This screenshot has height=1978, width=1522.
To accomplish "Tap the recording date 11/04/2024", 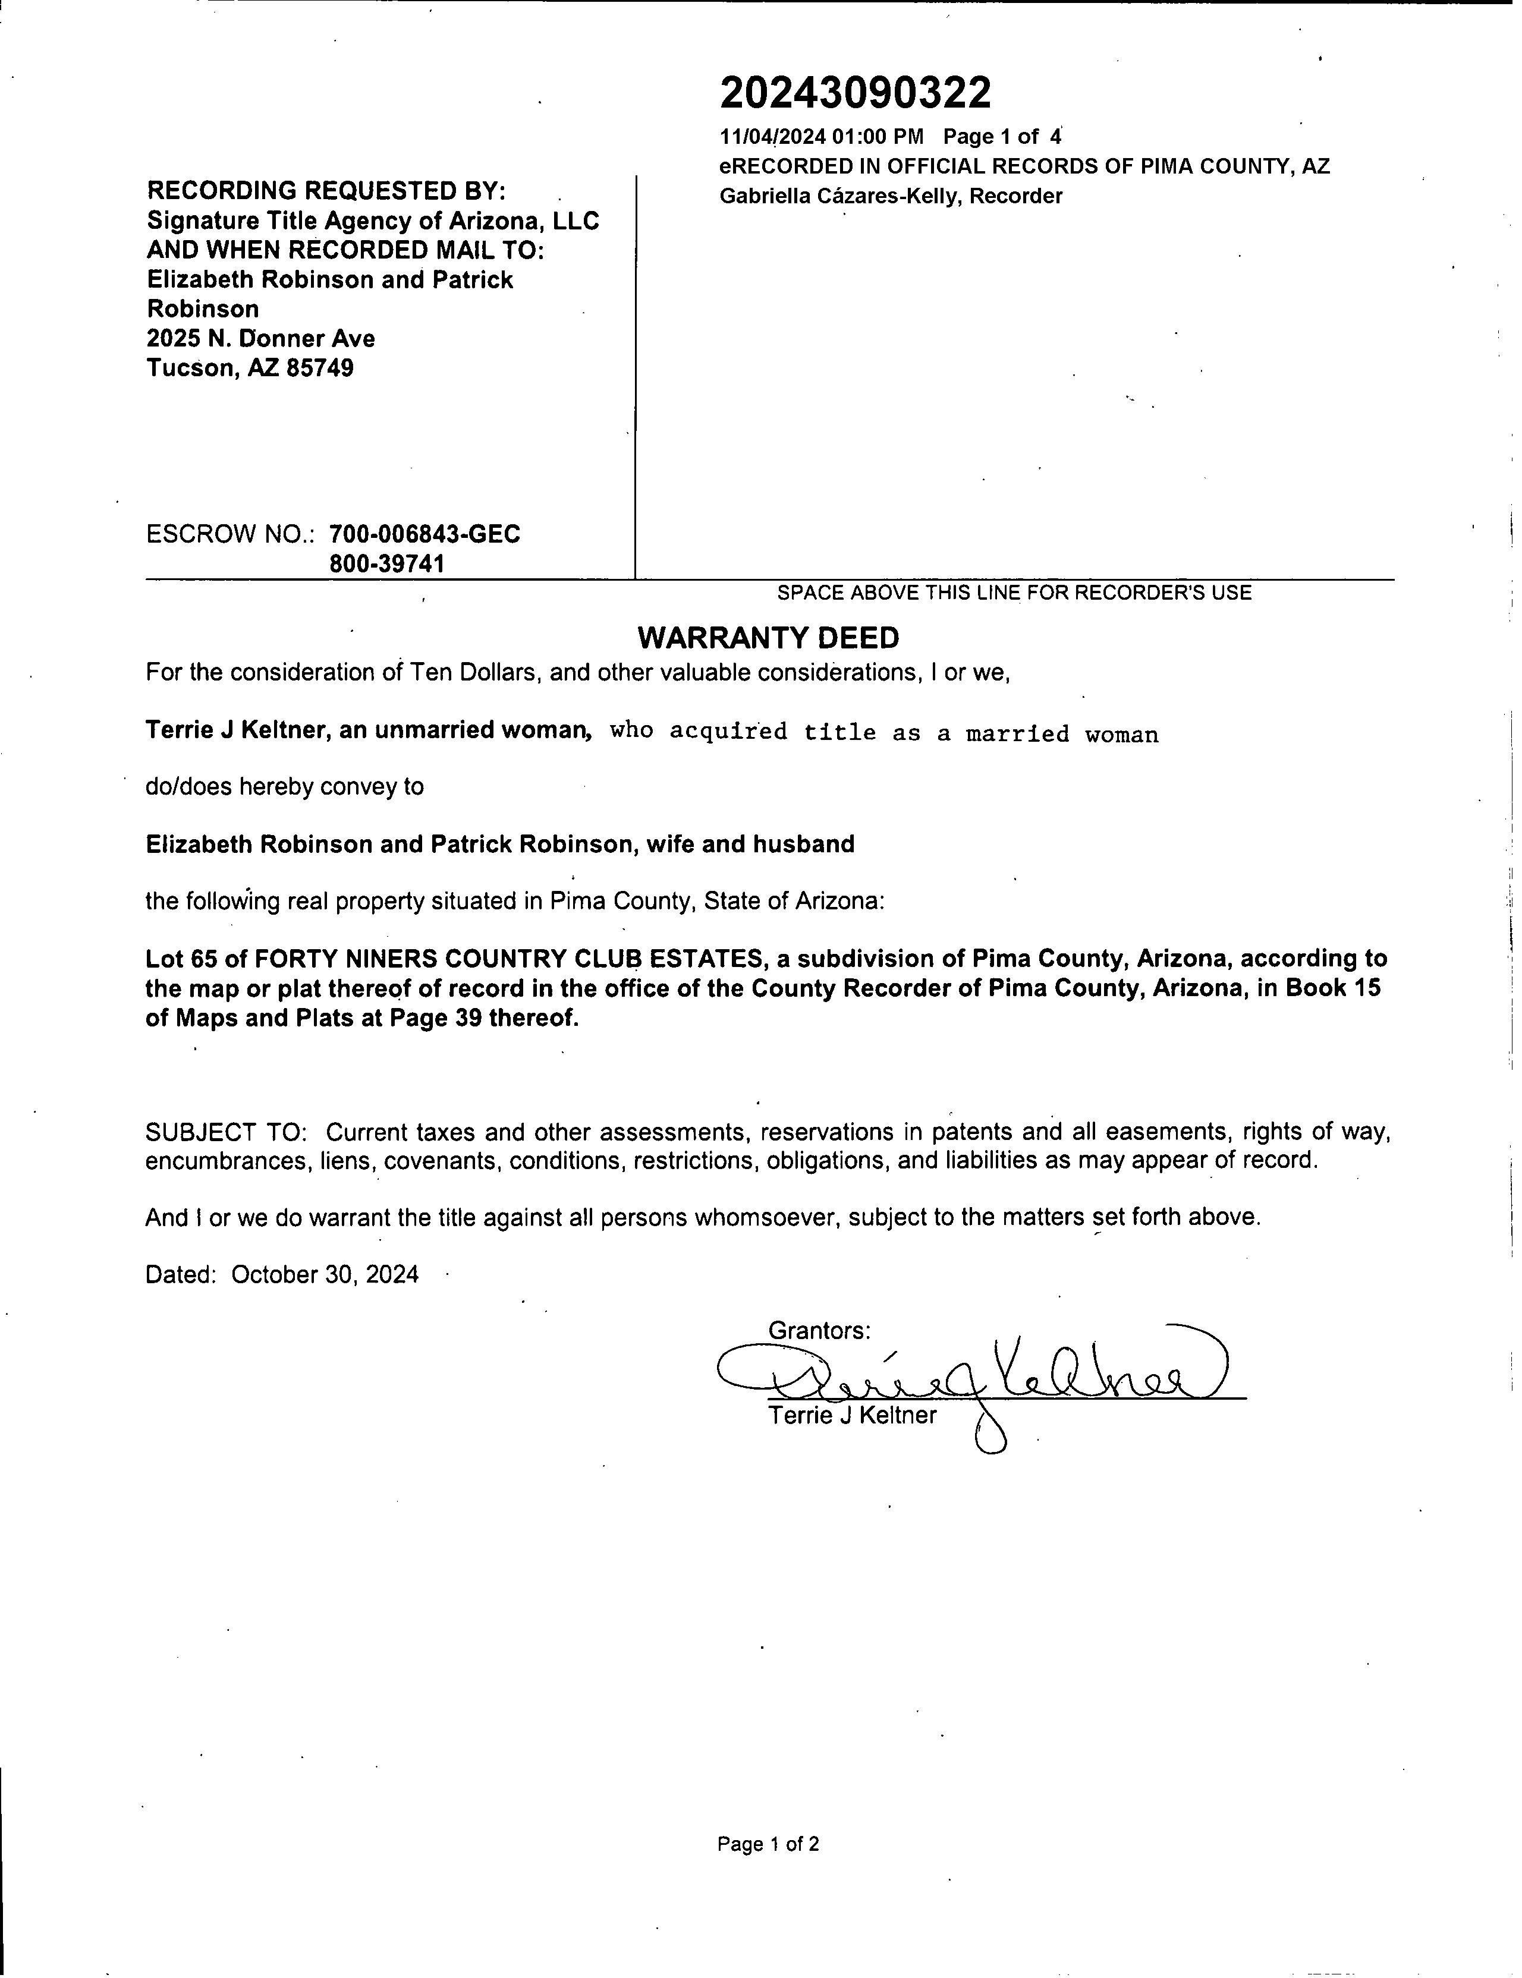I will coord(773,137).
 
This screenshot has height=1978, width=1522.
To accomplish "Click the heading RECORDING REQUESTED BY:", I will coord(326,191).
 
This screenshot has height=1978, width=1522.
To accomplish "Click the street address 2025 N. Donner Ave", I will coord(261,339).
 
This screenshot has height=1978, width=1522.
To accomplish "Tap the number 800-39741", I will coord(387,564).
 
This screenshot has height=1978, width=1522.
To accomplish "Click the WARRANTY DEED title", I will coord(768,638).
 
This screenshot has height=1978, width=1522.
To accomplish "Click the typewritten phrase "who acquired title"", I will coord(743,732).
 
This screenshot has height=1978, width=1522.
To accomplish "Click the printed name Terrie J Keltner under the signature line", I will coord(853,1416).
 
